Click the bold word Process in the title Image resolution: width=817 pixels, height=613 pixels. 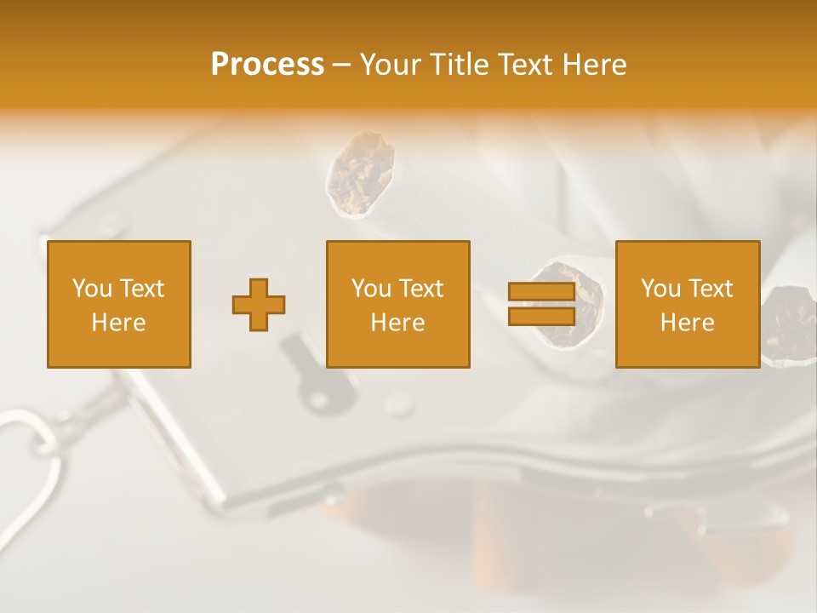267,65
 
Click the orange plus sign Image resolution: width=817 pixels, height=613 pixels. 259,305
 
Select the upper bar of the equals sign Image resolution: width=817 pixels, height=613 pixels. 541,292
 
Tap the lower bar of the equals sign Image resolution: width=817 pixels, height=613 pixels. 541,317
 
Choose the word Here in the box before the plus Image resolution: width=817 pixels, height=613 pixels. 118,323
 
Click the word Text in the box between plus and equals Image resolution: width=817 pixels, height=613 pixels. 420,289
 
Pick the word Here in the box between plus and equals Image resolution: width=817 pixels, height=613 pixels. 397,323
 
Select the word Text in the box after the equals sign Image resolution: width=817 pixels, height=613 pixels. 710,289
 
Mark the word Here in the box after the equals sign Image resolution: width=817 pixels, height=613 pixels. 687,323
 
